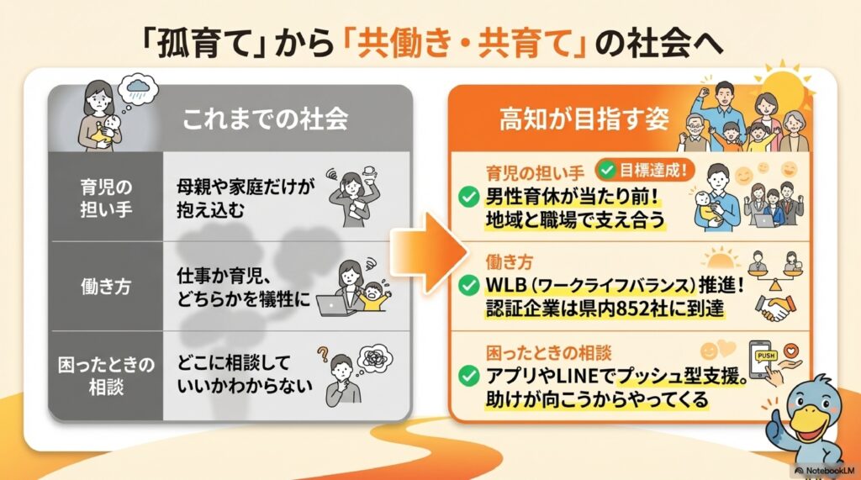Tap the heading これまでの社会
point(264,119)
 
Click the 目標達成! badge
point(645,170)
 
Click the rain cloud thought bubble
point(139,87)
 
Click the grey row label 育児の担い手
point(106,197)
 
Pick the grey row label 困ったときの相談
point(106,373)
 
